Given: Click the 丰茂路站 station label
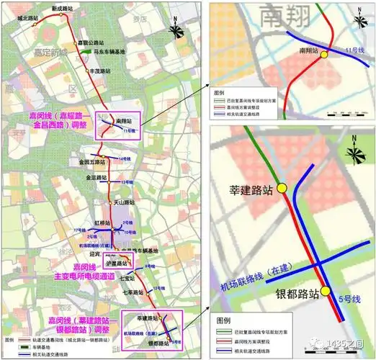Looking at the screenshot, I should [x=99, y=71].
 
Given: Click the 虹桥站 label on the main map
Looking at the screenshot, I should [x=102, y=224].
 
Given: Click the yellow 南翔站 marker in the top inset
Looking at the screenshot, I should [x=324, y=54].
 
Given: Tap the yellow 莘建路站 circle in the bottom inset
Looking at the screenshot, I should [x=283, y=188].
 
